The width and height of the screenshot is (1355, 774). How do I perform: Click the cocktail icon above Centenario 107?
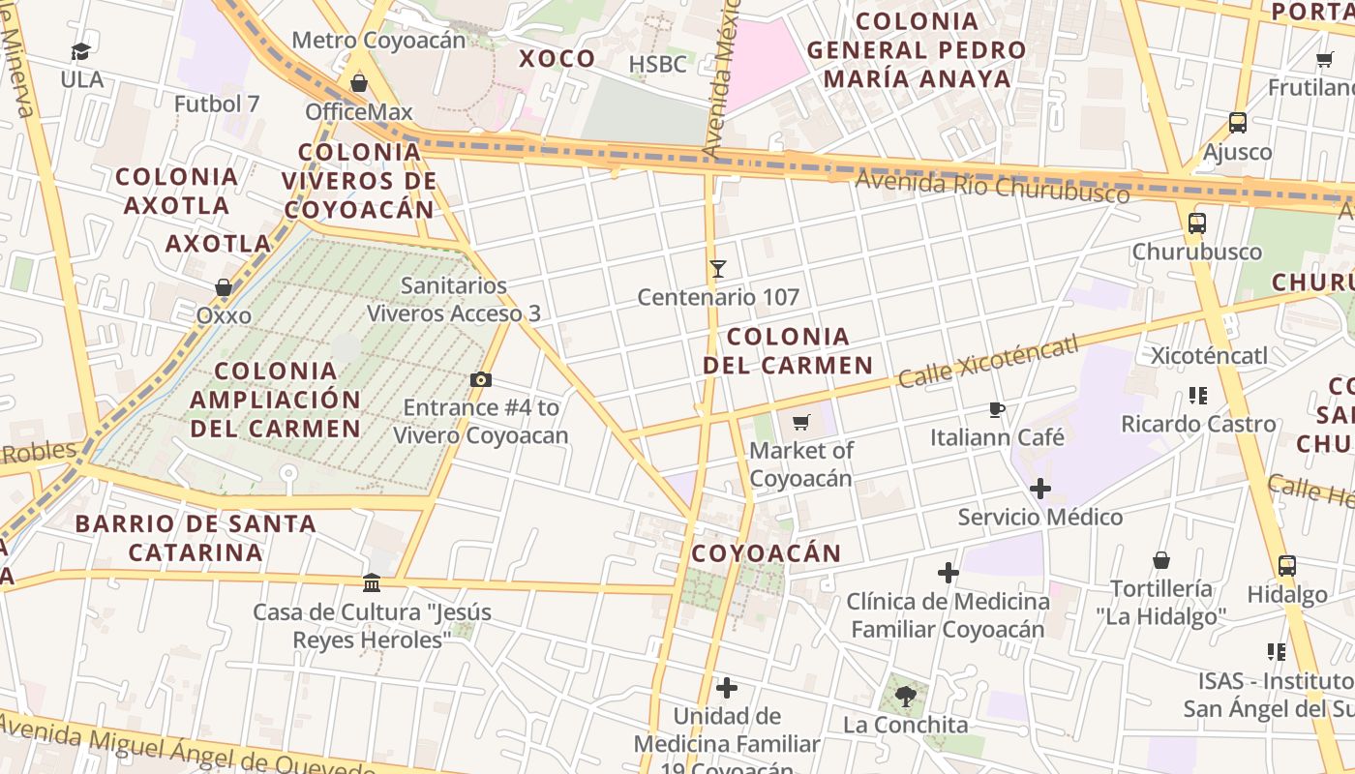[717, 268]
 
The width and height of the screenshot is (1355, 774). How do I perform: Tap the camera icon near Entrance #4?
[480, 379]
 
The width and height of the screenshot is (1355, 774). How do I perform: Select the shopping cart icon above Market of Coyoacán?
[800, 422]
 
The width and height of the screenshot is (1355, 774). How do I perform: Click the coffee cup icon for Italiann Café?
[997, 409]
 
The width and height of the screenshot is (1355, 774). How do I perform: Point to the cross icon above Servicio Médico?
[1040, 489]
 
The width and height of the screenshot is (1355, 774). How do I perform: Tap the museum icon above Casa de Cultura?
[372, 582]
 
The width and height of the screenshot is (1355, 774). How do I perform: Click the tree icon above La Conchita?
[906, 696]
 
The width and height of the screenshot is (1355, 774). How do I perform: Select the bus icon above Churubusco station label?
[1197, 223]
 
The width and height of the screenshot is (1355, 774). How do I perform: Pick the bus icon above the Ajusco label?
[1237, 123]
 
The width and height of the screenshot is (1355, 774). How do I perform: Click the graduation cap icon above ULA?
[80, 51]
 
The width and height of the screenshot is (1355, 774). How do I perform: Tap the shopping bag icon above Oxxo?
[224, 287]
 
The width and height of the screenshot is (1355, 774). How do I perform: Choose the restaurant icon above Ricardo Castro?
[1198, 396]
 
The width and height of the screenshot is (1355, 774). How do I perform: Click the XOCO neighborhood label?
[557, 59]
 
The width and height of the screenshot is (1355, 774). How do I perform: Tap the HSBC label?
[657, 65]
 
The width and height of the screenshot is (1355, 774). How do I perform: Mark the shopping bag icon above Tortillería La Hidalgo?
[1161, 560]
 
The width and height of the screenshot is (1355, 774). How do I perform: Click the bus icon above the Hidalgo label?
[1286, 566]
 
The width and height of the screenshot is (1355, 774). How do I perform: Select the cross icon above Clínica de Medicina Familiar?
[948, 573]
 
